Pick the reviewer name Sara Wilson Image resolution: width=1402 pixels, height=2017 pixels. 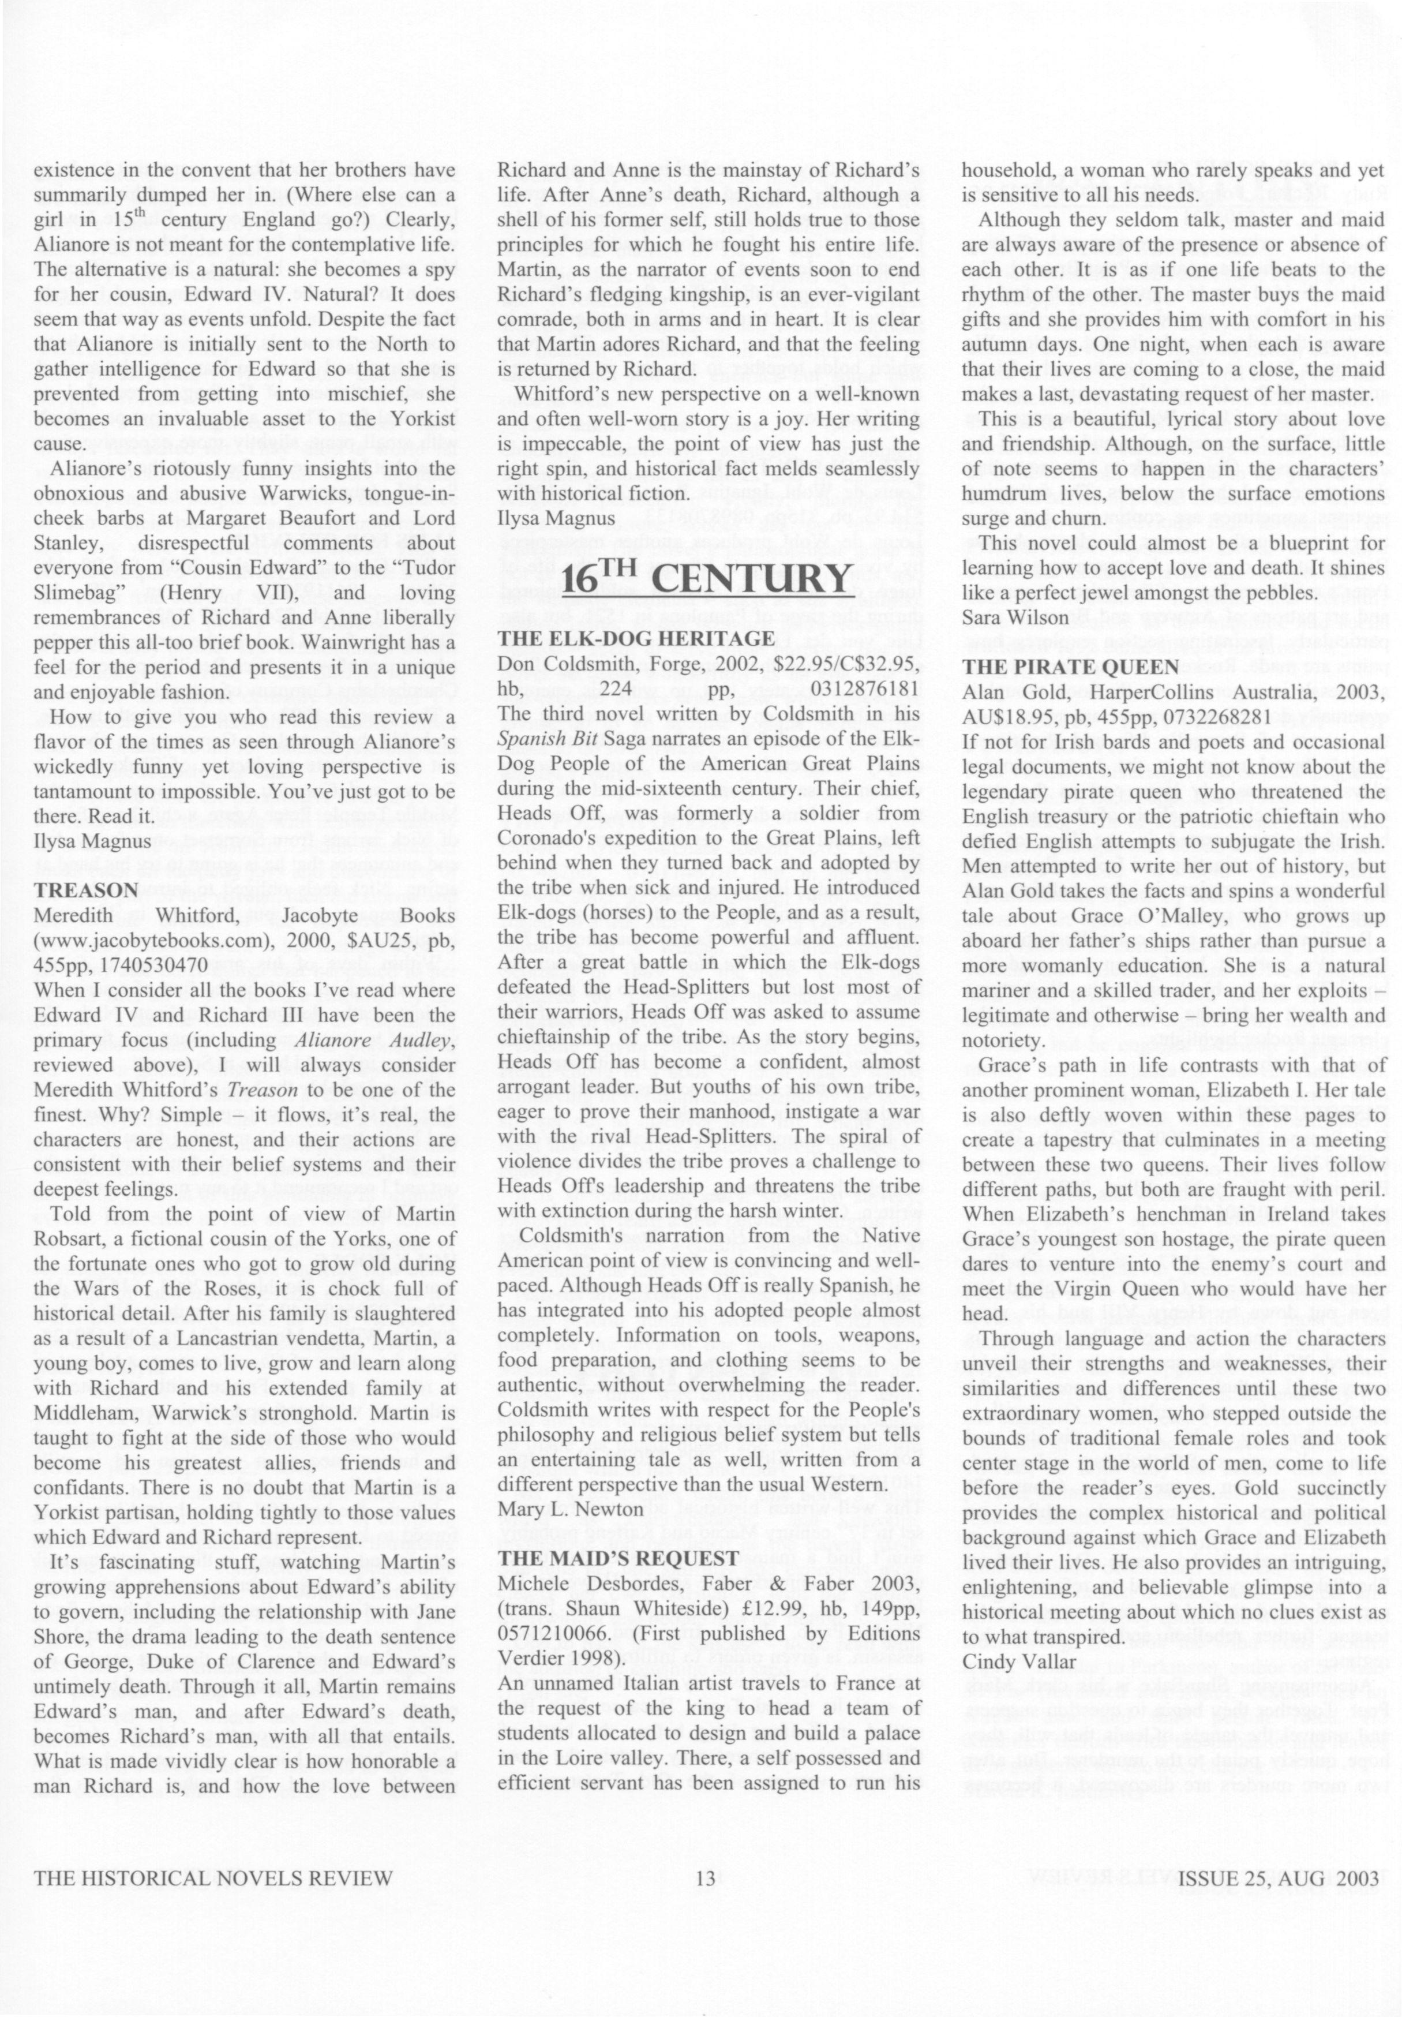click(1015, 618)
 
